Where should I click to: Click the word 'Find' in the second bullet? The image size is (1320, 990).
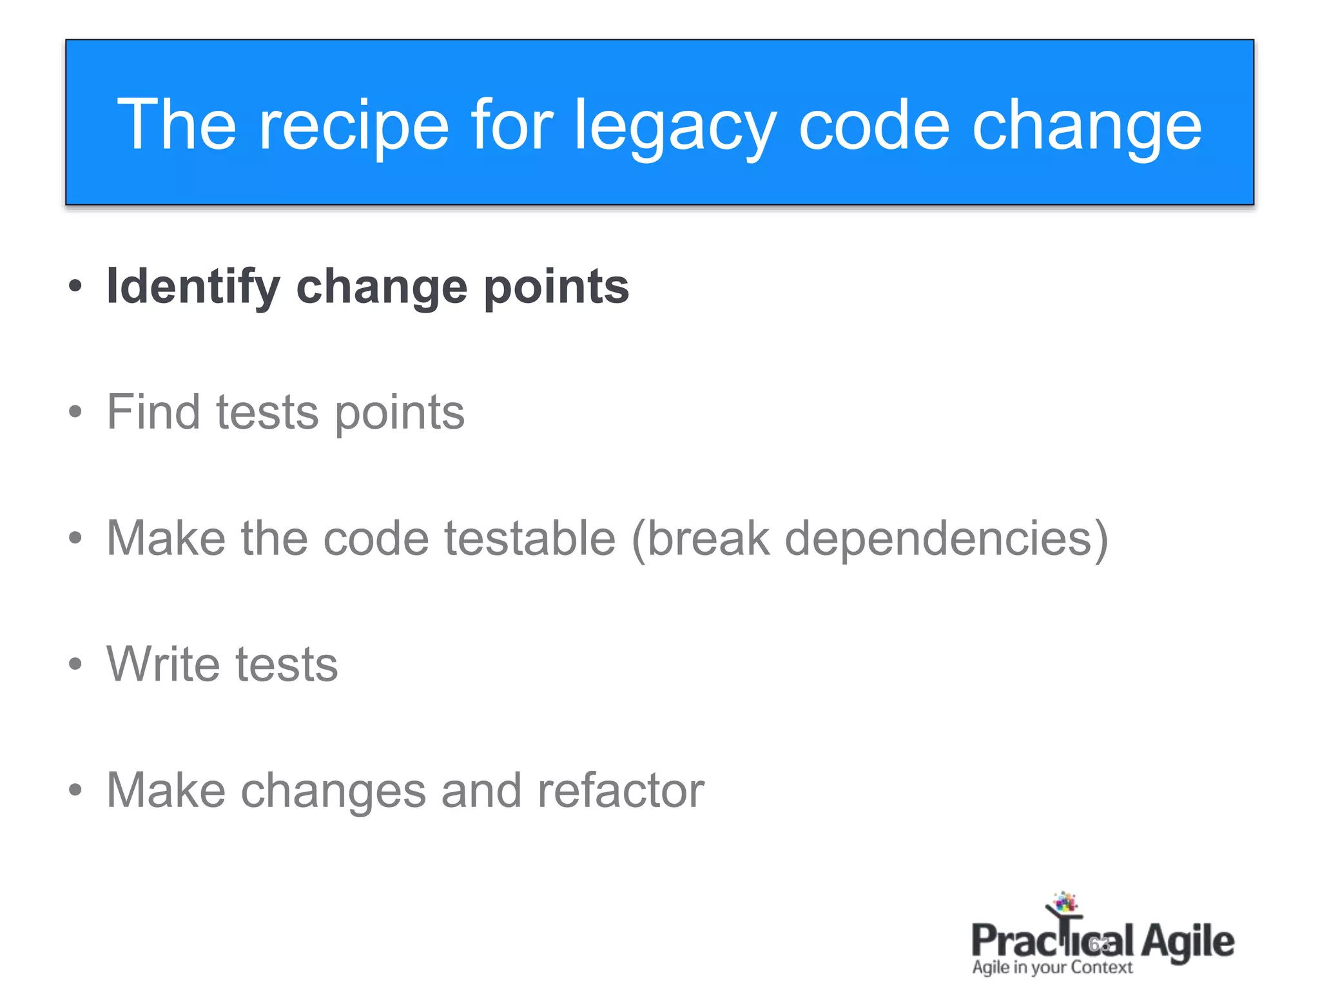click(153, 412)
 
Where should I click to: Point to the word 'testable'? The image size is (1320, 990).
click(530, 538)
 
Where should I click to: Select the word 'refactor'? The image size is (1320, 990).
click(621, 790)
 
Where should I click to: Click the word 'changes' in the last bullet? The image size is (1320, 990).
click(333, 791)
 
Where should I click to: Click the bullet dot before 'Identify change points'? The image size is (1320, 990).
click(75, 286)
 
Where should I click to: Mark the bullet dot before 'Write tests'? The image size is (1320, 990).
click(75, 664)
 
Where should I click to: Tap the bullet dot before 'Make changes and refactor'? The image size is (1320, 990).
click(75, 790)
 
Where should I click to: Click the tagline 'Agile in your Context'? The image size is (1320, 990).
click(1052, 967)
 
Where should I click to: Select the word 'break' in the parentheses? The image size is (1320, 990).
click(708, 538)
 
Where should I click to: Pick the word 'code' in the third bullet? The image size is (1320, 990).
click(376, 538)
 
